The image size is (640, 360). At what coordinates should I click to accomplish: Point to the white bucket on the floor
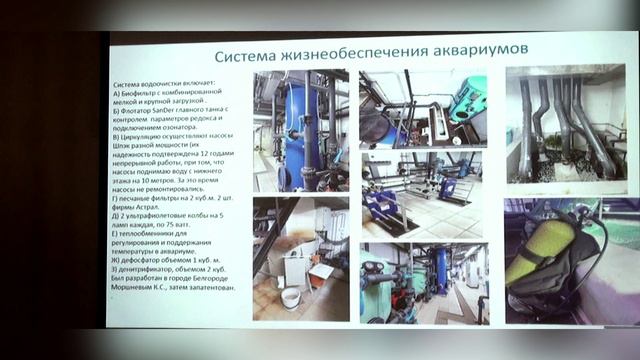290,297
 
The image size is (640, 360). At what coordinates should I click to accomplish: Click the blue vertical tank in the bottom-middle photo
441,270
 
